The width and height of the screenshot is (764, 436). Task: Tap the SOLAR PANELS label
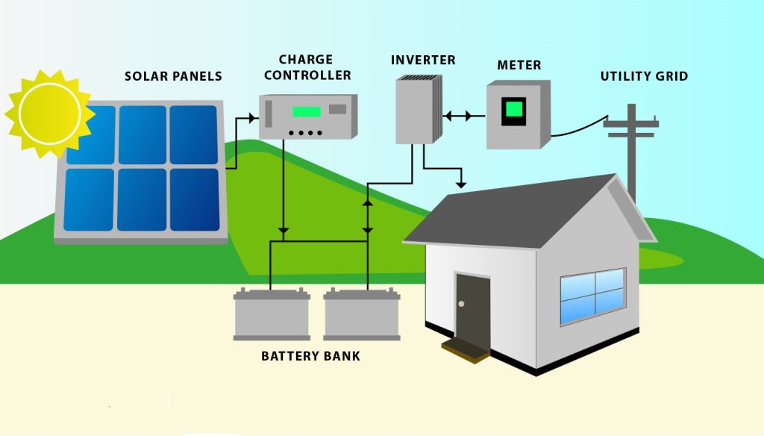click(x=173, y=76)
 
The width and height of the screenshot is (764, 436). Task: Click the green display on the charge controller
click(x=306, y=112)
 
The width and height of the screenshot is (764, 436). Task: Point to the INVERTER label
click(x=423, y=60)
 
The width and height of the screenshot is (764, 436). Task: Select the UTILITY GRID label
click(x=644, y=76)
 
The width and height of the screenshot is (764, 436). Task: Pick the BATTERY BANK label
click(x=310, y=356)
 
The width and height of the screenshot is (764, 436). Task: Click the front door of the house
click(x=472, y=306)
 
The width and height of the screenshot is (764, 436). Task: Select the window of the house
click(x=592, y=295)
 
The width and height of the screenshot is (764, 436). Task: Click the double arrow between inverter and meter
click(x=457, y=116)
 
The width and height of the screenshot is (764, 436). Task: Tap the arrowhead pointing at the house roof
click(x=463, y=184)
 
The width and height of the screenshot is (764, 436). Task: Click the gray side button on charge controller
click(x=338, y=109)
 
